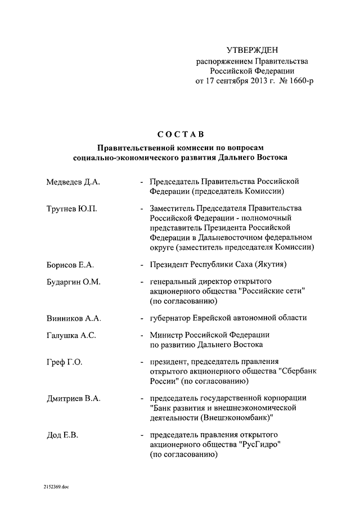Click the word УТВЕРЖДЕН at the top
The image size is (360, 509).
[252, 51]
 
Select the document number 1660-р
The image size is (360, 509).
[299, 82]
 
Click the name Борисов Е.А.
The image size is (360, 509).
[70, 264]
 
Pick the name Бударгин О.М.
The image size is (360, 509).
[73, 282]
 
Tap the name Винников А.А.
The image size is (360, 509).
[74, 318]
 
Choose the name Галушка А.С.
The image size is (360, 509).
[71, 336]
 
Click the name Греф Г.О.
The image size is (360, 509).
[64, 362]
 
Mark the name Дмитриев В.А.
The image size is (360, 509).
[74, 399]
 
